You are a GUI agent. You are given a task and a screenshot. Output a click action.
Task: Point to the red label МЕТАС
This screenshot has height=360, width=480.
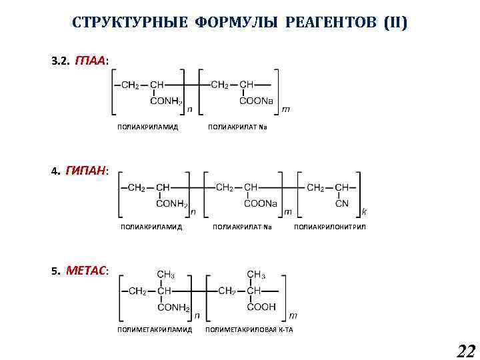tap(87, 271)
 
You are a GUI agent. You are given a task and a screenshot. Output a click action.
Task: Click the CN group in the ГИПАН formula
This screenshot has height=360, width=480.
tap(341, 203)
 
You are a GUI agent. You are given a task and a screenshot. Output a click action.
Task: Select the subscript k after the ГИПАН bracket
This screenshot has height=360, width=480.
tap(364, 211)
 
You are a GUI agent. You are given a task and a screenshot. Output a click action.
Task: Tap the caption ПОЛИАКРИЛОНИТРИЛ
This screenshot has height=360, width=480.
tap(330, 227)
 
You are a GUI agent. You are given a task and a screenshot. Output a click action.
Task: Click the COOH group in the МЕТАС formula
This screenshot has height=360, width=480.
tap(261, 307)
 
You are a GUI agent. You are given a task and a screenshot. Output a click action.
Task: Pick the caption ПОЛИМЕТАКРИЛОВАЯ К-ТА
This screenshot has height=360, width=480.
tap(249, 329)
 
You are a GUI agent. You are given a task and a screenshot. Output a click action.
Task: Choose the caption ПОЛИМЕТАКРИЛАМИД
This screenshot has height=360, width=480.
tap(155, 329)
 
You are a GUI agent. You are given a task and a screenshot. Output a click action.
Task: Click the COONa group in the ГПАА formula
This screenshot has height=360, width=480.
tap(256, 101)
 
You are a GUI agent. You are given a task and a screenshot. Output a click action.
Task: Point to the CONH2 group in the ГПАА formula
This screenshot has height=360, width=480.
tap(167, 101)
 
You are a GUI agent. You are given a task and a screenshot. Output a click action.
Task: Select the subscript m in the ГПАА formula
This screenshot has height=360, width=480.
tap(285, 109)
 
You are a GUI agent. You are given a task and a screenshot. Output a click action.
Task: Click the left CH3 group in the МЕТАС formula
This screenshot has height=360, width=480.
tap(166, 274)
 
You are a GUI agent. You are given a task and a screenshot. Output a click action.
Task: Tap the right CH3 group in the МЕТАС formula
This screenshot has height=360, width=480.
tap(257, 274)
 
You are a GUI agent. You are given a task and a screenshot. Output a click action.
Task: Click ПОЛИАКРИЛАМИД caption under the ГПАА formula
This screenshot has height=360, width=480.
tap(147, 126)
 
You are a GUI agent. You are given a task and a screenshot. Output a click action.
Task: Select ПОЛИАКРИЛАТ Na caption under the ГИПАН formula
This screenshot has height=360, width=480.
tap(243, 227)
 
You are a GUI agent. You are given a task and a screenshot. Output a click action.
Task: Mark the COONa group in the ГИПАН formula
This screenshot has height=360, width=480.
tap(260, 203)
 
